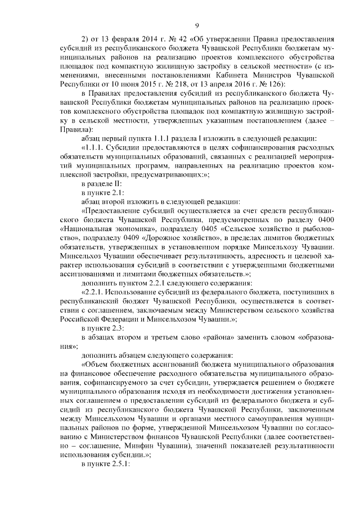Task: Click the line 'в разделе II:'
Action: click(x=101, y=183)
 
